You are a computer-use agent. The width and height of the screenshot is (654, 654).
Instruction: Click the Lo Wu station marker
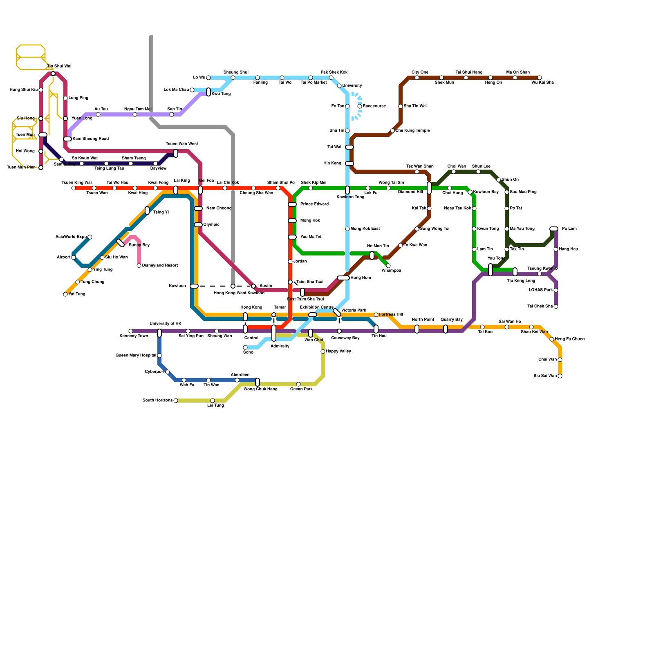(x=208, y=78)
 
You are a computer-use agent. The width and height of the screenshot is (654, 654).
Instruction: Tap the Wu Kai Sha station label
(x=542, y=83)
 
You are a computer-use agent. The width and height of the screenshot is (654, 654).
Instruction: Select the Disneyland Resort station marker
(x=139, y=266)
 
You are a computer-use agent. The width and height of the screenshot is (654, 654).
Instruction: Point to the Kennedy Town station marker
(x=131, y=331)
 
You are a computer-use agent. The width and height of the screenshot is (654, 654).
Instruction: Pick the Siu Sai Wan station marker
(x=560, y=376)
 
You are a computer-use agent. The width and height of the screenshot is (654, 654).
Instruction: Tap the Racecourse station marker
(x=360, y=106)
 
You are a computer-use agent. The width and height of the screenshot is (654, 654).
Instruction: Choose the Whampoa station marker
(x=388, y=266)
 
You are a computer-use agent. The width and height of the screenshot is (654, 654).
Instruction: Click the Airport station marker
(x=74, y=258)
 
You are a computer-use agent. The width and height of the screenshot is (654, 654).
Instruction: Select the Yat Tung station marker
(x=65, y=294)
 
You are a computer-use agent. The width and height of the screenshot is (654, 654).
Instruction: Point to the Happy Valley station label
(x=338, y=352)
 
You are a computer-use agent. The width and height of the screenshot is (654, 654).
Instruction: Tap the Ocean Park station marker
(x=298, y=384)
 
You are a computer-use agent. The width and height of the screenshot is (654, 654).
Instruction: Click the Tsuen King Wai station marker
(x=74, y=188)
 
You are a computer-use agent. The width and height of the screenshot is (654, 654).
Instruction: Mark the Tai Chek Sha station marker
(x=556, y=307)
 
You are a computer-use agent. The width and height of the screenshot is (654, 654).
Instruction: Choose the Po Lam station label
(x=569, y=229)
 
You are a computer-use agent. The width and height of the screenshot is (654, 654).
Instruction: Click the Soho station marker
(x=245, y=347)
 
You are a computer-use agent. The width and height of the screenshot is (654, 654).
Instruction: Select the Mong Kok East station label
(x=365, y=229)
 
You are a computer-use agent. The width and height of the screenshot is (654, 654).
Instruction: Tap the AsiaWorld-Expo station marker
(x=90, y=237)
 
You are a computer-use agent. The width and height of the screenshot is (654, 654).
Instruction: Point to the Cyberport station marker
(x=168, y=372)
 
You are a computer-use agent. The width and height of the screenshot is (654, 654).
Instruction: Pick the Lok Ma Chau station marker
(x=192, y=90)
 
